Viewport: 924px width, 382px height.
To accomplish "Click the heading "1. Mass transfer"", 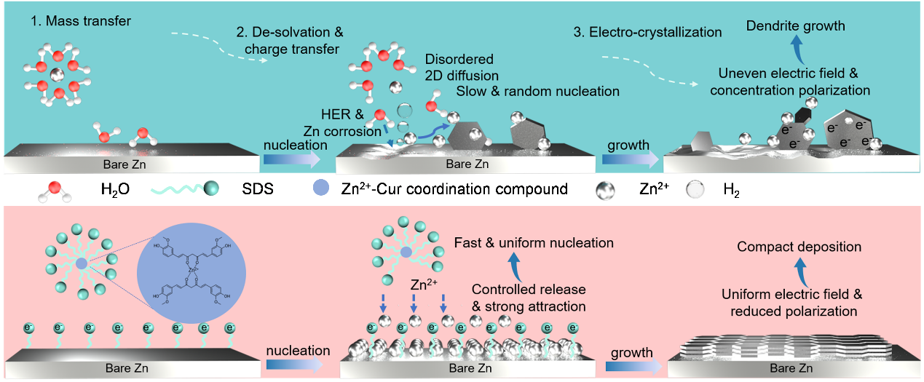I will coord(80,21).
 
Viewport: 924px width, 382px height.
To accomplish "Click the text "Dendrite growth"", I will coord(796,26).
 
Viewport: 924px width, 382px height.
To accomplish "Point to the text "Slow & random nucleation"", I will coord(537,91).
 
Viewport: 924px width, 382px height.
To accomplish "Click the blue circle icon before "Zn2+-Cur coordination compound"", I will coord(322,190).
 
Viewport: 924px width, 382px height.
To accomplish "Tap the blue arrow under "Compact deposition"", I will coord(799,272).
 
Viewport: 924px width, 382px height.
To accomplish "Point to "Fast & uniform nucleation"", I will coord(534,242).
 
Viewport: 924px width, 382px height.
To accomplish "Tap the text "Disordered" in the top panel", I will coord(459,59).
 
